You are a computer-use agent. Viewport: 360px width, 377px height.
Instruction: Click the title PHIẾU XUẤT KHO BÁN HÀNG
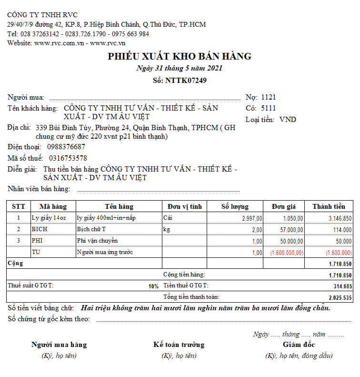[x=180, y=56]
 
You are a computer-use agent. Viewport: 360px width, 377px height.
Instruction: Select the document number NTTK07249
[x=186, y=80]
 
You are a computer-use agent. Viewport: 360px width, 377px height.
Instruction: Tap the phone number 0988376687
[x=66, y=147]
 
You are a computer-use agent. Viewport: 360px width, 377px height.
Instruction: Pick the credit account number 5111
[x=269, y=108]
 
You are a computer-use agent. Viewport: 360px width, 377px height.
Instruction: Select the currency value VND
[x=288, y=120]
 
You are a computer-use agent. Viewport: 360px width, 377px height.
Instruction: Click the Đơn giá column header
[x=284, y=206]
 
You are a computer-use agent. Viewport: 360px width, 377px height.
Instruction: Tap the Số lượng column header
[x=235, y=206]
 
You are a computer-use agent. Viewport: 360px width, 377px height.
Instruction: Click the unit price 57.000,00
[x=289, y=229]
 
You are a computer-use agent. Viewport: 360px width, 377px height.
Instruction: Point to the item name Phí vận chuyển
[x=97, y=241]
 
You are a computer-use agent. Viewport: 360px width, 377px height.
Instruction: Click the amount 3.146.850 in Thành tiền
[x=340, y=218]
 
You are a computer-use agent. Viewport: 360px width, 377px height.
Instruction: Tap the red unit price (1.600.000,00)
[x=287, y=252]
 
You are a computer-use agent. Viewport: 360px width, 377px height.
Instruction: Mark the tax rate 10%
[x=153, y=286]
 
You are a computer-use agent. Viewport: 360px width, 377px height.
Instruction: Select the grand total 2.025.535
[x=340, y=297]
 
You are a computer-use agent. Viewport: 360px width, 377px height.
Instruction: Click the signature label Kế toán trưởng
[x=179, y=345]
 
